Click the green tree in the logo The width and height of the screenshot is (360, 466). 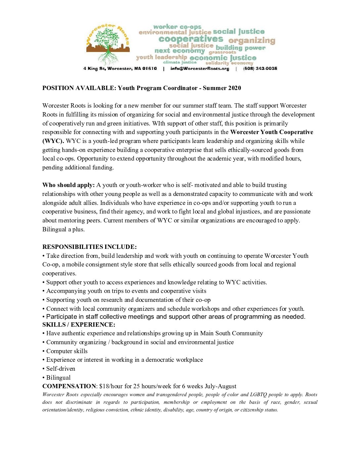(x=107, y=38)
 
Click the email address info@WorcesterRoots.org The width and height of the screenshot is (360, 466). (x=200, y=69)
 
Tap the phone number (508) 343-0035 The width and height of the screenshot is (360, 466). (x=260, y=69)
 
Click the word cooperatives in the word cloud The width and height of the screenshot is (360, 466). (x=191, y=39)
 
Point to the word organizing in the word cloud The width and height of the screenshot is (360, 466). (x=252, y=40)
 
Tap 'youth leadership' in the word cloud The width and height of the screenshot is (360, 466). (x=161, y=57)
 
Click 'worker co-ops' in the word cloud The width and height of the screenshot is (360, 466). (x=177, y=26)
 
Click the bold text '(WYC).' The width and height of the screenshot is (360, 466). (x=53, y=141)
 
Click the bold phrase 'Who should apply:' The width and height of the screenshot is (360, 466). (x=68, y=185)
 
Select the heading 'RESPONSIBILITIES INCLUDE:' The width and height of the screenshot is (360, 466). (x=89, y=247)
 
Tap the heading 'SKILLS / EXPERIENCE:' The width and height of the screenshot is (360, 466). (x=79, y=325)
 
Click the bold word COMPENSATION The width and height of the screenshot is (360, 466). (x=69, y=386)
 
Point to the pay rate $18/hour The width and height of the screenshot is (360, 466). (x=111, y=386)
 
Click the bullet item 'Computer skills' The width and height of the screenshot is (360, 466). (x=67, y=351)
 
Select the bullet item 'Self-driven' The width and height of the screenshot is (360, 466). (x=61, y=369)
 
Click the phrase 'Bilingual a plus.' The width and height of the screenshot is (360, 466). (x=64, y=229)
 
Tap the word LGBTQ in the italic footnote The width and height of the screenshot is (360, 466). (x=258, y=395)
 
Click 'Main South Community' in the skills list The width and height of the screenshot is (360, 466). (x=231, y=333)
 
